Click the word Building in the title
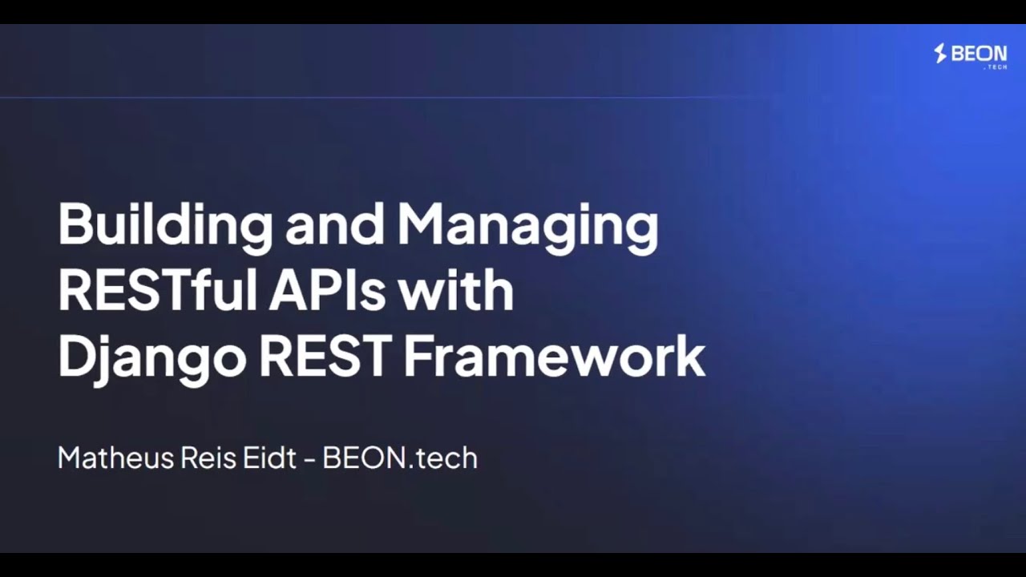(165, 225)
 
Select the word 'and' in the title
(335, 225)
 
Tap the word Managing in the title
(527, 225)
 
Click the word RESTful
(157, 291)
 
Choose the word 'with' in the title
(456, 291)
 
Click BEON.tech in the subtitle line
(399, 458)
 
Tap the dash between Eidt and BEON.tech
(311, 459)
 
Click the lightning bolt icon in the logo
(941, 54)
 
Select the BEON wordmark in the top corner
(979, 54)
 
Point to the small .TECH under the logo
(995, 67)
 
